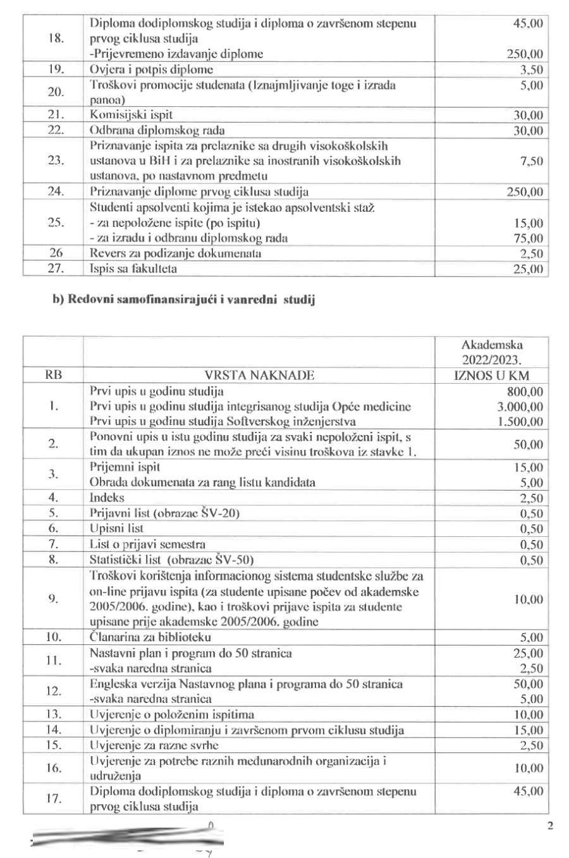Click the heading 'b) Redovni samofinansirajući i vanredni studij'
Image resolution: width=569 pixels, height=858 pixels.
point(183,300)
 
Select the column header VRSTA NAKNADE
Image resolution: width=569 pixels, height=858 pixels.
point(259,375)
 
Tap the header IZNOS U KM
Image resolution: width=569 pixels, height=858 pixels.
point(492,375)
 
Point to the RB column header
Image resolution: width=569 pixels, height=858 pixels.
point(53,375)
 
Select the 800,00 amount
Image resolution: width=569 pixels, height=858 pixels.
point(525,391)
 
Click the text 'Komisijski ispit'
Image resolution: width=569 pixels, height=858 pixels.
point(131,115)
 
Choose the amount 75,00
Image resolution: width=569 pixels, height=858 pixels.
point(529,238)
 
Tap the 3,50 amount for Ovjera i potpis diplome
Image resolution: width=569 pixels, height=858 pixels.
point(531,70)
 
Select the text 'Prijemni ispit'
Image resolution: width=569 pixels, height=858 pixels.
point(125,467)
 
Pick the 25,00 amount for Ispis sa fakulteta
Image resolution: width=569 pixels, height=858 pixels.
point(529,269)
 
